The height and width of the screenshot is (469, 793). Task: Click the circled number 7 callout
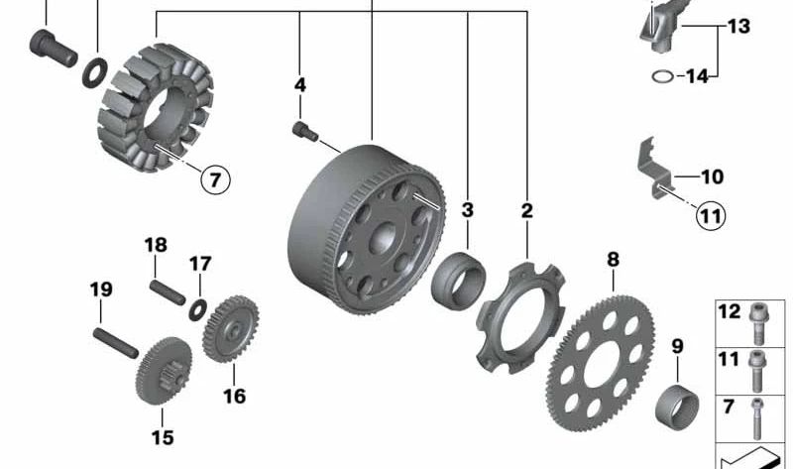tap(216, 179)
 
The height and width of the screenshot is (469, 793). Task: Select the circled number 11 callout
tap(710, 215)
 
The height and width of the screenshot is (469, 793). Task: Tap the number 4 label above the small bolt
tap(300, 86)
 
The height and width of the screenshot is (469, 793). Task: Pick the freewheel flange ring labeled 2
tap(518, 314)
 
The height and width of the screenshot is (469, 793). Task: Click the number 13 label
tap(739, 27)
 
